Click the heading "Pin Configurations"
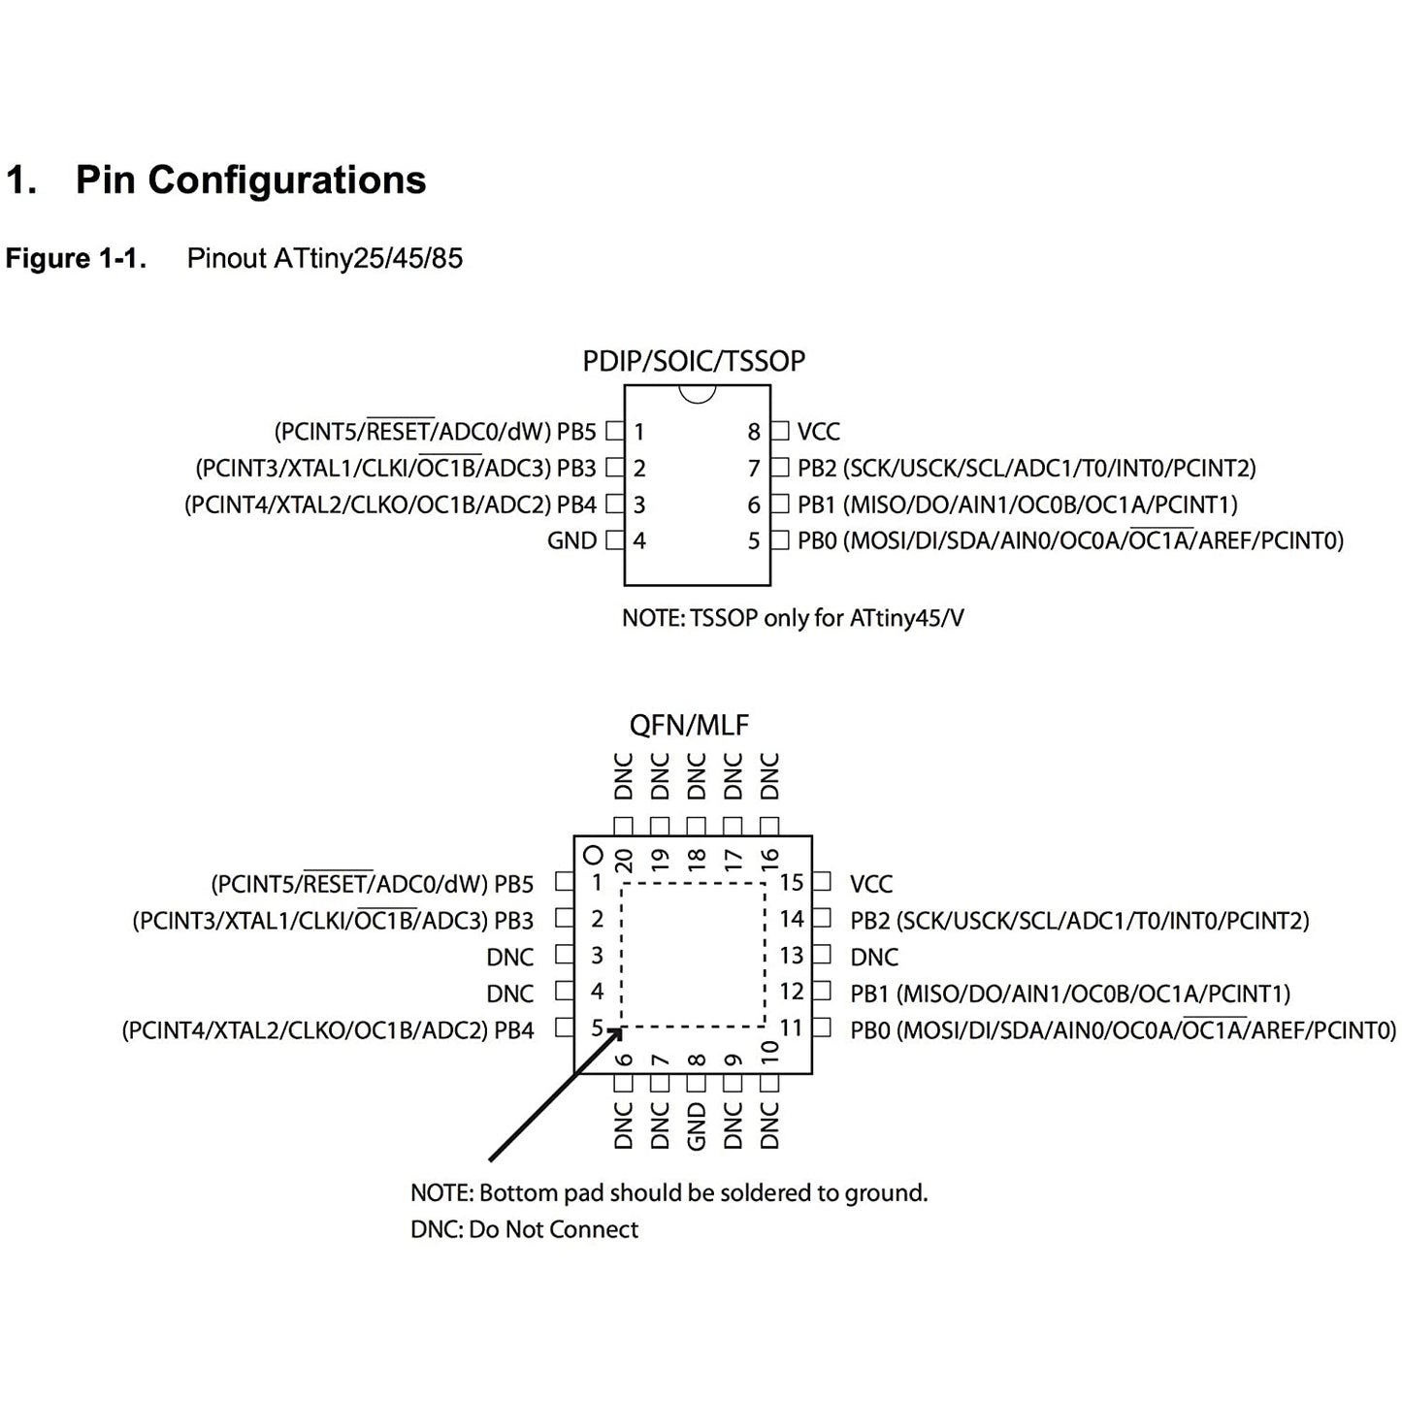(250, 180)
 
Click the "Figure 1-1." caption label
(76, 259)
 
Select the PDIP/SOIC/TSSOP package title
(694, 361)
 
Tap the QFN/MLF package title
(689, 725)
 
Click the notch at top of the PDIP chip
(697, 393)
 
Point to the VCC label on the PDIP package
(818, 432)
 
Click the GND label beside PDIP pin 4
(571, 541)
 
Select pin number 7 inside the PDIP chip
(753, 469)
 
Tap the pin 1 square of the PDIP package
(614, 431)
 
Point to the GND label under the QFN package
(697, 1126)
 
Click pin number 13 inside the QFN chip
(791, 956)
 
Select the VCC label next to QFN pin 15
(870, 884)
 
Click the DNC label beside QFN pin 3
(509, 958)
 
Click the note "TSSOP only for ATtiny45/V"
(793, 618)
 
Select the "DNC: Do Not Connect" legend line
(524, 1229)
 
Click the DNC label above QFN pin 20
(624, 776)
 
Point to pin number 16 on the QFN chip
(769, 858)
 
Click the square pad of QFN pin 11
(822, 1027)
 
